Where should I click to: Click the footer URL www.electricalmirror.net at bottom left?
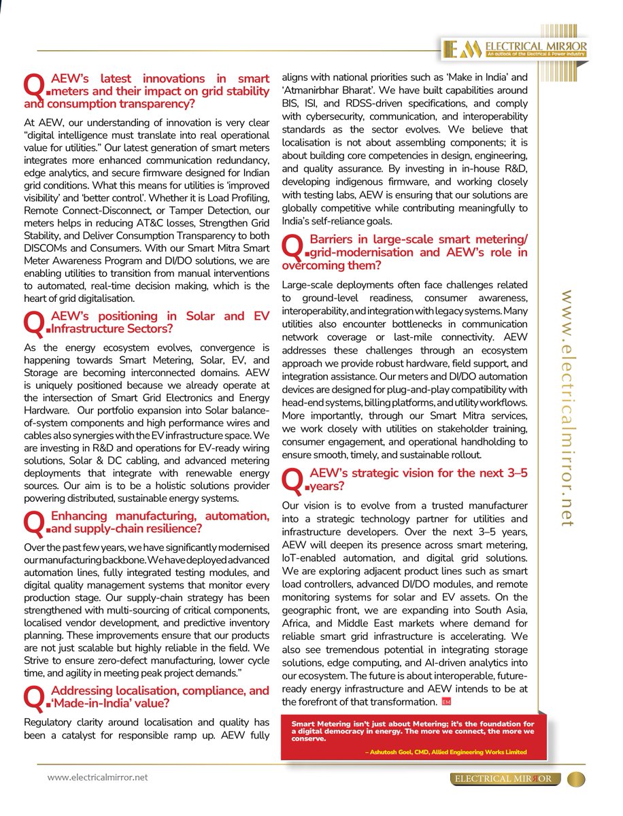click(97, 777)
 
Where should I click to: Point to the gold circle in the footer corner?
click(575, 779)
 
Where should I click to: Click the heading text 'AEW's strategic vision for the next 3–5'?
click(418, 473)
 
